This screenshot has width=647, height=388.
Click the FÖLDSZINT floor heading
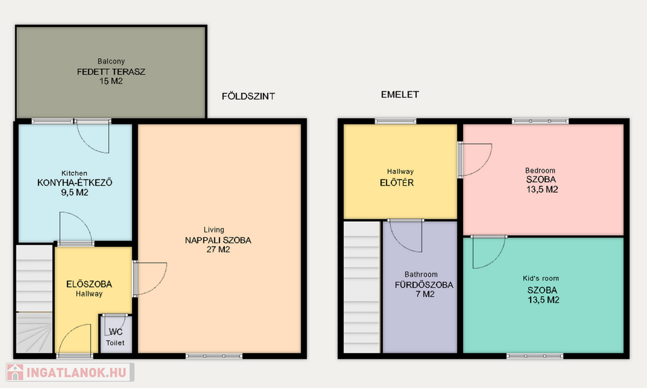(248, 96)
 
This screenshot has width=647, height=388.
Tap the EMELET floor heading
(400, 95)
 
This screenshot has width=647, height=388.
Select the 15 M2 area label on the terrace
(111, 82)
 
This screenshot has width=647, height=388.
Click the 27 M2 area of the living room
(218, 250)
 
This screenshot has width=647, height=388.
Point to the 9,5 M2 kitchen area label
(75, 192)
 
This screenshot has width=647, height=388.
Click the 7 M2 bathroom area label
(425, 294)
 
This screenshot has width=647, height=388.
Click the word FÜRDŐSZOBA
(424, 284)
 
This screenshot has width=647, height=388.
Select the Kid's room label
(541, 278)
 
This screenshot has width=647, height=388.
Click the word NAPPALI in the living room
(202, 240)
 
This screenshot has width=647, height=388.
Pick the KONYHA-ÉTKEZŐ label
(75, 183)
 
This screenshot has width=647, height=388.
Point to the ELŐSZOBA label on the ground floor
(89, 284)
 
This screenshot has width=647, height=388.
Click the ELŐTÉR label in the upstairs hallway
(397, 183)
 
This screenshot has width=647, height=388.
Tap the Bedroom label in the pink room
(540, 171)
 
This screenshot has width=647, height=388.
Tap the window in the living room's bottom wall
(214, 356)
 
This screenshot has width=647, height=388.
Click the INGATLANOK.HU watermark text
(76, 372)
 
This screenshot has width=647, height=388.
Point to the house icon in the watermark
(15, 372)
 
